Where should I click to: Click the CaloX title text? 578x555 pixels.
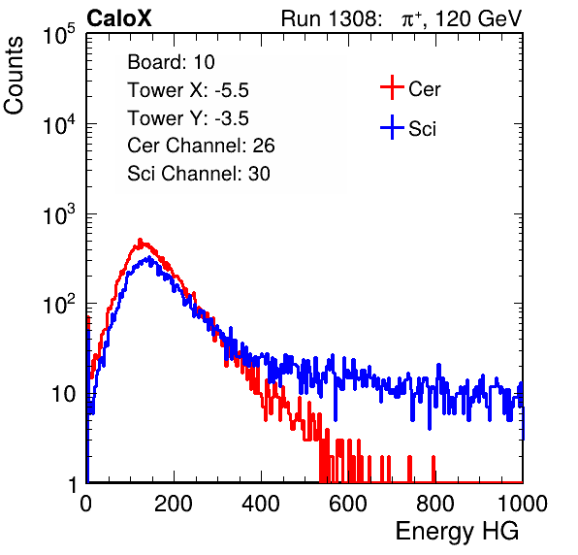(x=119, y=18)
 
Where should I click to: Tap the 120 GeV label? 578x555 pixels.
(x=478, y=18)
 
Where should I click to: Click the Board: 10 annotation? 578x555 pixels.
(x=171, y=62)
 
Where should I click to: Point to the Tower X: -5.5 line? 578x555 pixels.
(x=188, y=90)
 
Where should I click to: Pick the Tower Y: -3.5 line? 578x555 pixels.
(x=188, y=118)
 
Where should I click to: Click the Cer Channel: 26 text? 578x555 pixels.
(x=201, y=146)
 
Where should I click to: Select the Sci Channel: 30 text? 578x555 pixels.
(x=199, y=174)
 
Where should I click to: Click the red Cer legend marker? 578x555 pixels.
(x=392, y=87)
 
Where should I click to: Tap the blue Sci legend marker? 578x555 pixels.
(x=392, y=128)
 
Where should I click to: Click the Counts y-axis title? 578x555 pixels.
(x=14, y=76)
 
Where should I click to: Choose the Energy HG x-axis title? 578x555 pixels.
(x=457, y=532)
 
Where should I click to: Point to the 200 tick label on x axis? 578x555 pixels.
(x=174, y=504)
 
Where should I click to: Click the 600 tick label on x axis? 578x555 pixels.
(x=348, y=504)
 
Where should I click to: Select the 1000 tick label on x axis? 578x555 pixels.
(x=523, y=504)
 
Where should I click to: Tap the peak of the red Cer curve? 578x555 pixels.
(x=140, y=240)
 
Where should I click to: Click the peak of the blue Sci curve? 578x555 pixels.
(x=149, y=257)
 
